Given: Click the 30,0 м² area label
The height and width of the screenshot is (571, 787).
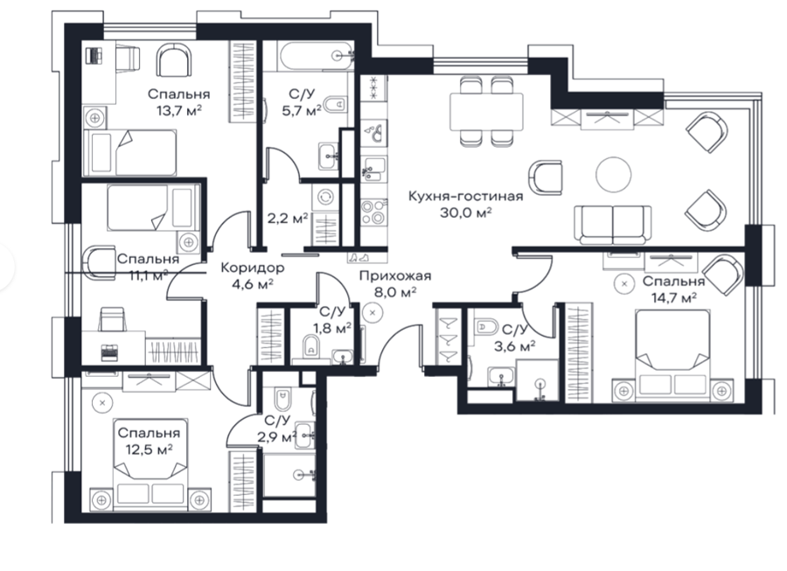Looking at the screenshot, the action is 466,212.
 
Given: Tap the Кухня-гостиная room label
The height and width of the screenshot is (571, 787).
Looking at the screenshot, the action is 465,196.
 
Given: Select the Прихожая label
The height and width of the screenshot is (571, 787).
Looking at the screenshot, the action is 395,275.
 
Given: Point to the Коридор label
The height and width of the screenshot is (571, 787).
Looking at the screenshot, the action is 253,268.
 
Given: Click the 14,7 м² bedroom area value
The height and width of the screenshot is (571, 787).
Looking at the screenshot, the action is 673,298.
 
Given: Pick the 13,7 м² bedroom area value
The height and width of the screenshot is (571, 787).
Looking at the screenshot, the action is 179,110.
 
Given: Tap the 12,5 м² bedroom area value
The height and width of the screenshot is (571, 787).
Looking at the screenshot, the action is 149,449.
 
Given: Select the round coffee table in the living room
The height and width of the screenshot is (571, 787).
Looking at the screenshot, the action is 613,174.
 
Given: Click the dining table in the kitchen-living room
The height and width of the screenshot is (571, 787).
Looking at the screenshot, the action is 486,111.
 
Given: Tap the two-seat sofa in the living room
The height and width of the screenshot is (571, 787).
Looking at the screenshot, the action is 613,224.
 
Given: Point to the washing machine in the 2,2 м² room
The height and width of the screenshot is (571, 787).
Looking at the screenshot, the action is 325,197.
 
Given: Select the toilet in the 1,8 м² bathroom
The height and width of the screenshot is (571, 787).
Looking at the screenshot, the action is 311,346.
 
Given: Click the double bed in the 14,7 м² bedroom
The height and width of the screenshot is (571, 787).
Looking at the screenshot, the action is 672,355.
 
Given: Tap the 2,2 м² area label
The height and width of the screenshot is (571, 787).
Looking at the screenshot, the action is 286,219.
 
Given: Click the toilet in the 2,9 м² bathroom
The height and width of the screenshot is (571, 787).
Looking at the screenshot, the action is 282,399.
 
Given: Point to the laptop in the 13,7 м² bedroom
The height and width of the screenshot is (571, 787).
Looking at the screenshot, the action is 94,55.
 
